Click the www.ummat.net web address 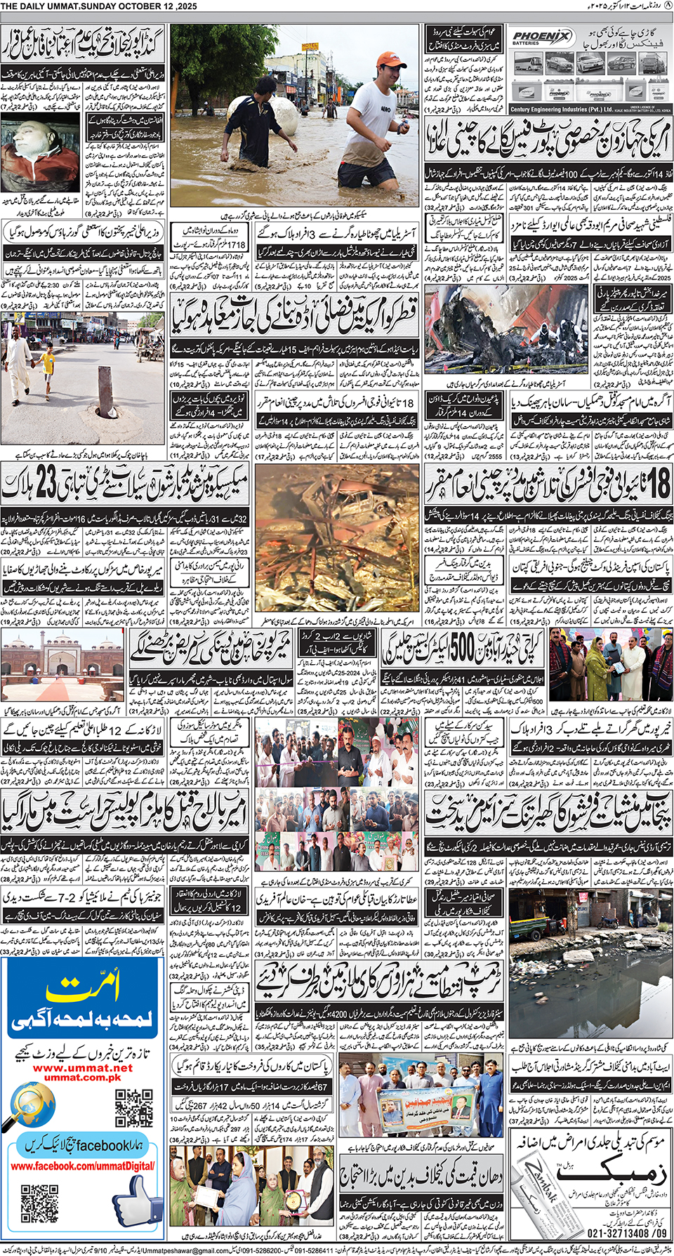pyautogui.click(x=83, y=1068)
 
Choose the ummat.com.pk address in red pyautogui.click(x=83, y=1077)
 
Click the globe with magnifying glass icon pyautogui.click(x=35, y=1104)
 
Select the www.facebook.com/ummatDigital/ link pyautogui.click(x=83, y=1166)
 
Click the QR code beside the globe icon pyautogui.click(x=133, y=1107)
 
